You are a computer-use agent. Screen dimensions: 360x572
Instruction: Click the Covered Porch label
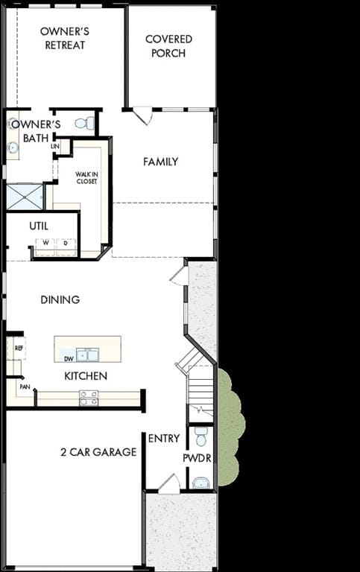point(168,46)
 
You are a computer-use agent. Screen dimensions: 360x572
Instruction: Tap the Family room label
point(161,162)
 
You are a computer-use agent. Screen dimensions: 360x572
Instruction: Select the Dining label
point(60,299)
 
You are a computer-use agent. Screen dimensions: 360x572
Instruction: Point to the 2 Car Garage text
point(98,452)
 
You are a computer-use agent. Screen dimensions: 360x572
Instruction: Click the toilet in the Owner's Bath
point(85,124)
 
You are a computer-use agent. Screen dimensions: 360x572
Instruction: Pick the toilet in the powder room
point(200,436)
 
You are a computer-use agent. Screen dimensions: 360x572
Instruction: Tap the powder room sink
point(200,483)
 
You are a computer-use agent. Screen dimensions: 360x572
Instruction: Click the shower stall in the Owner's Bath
point(25,197)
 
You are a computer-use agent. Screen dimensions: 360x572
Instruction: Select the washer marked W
point(45,247)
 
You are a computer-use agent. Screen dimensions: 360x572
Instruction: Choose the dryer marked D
point(66,247)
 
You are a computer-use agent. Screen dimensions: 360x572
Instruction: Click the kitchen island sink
point(88,355)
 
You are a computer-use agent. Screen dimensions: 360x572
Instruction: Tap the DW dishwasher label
point(69,359)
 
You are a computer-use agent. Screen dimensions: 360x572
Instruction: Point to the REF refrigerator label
point(19,348)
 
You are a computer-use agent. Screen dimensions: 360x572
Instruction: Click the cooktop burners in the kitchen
point(89,398)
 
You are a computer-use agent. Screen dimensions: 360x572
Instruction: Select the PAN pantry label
point(25,387)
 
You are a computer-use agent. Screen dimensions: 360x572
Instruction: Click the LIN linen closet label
point(55,146)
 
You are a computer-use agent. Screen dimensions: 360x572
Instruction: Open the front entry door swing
point(170,484)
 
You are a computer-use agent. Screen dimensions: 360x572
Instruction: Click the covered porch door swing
point(143,115)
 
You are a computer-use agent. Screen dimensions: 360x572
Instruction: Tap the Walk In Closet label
point(87,178)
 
